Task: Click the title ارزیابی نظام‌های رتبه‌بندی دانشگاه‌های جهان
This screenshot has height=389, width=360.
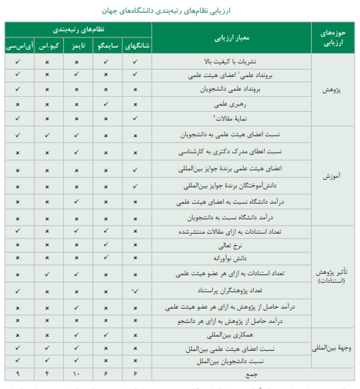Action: pos(180,10)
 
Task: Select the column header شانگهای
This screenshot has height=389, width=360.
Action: pos(137,47)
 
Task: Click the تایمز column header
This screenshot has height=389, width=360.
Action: pos(78,47)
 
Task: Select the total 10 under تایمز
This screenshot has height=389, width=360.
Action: pos(78,373)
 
